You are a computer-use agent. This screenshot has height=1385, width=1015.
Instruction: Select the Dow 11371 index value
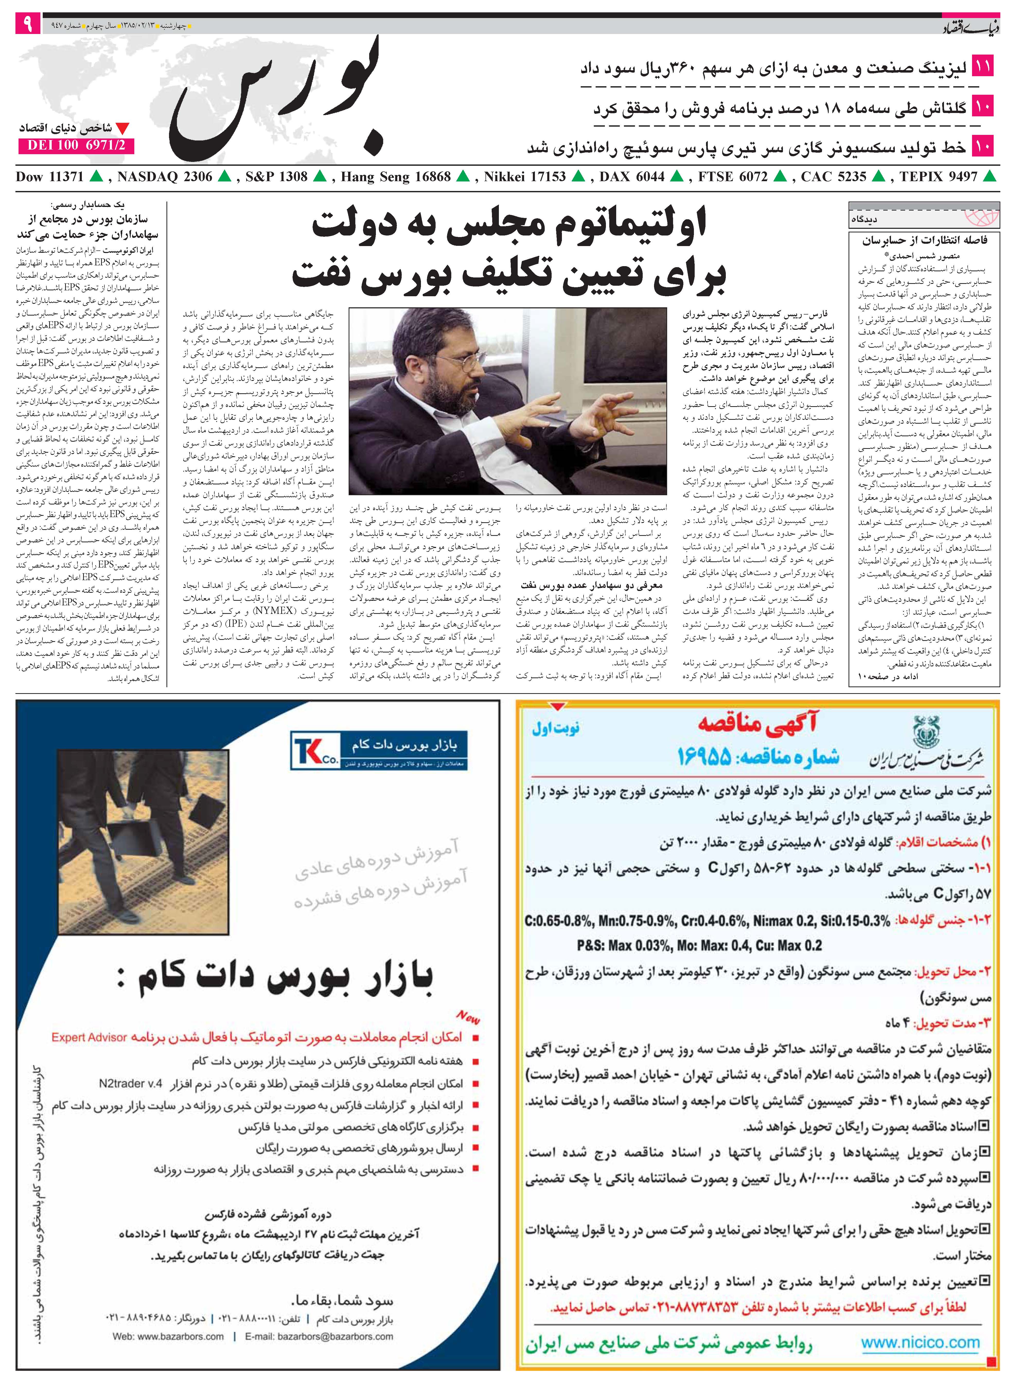click(x=49, y=177)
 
